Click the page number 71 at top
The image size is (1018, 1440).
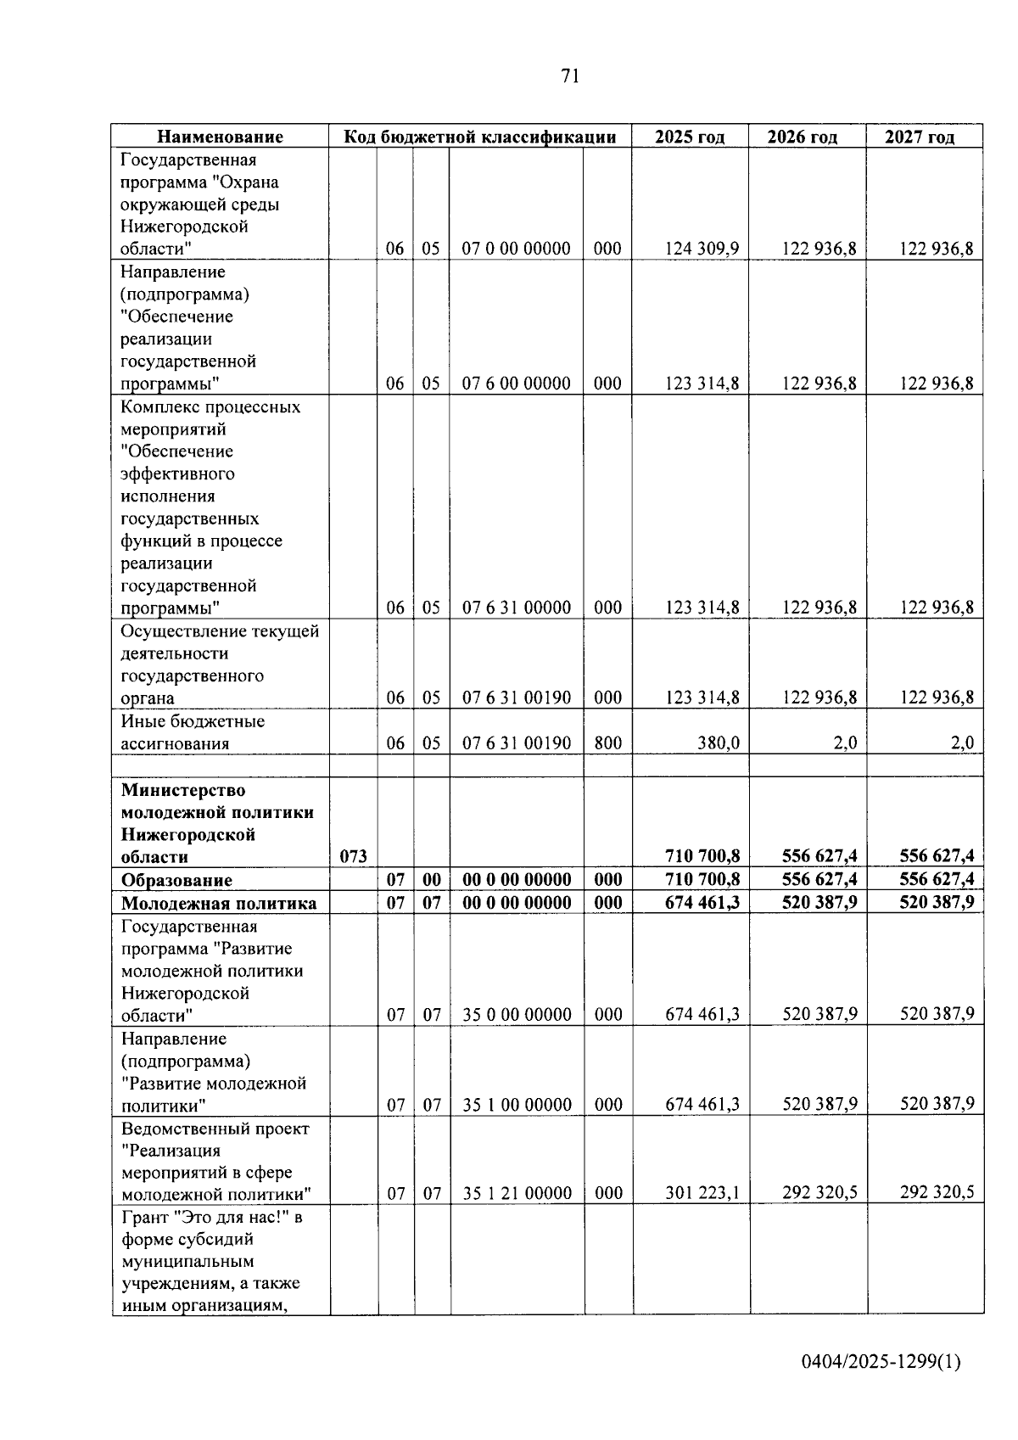click(x=570, y=76)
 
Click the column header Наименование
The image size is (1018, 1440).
click(x=221, y=137)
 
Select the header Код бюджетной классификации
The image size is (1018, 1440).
click(x=479, y=137)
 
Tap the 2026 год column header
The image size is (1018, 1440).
click(x=802, y=137)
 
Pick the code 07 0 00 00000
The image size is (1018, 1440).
click(x=516, y=249)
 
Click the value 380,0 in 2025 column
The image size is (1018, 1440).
click(x=718, y=743)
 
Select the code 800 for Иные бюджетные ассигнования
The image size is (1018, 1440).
click(x=607, y=743)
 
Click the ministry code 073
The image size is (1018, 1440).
click(x=353, y=856)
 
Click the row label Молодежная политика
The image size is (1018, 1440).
click(x=219, y=903)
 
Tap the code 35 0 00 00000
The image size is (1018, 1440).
click(x=517, y=1014)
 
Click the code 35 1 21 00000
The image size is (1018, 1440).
click(x=517, y=1193)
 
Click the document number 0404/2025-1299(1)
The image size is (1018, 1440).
click(x=881, y=1362)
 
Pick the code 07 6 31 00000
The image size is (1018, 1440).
click(x=516, y=608)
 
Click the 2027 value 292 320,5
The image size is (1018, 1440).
click(x=937, y=1193)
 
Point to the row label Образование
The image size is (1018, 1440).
click(x=176, y=880)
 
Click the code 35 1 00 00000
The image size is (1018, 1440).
click(x=517, y=1104)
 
